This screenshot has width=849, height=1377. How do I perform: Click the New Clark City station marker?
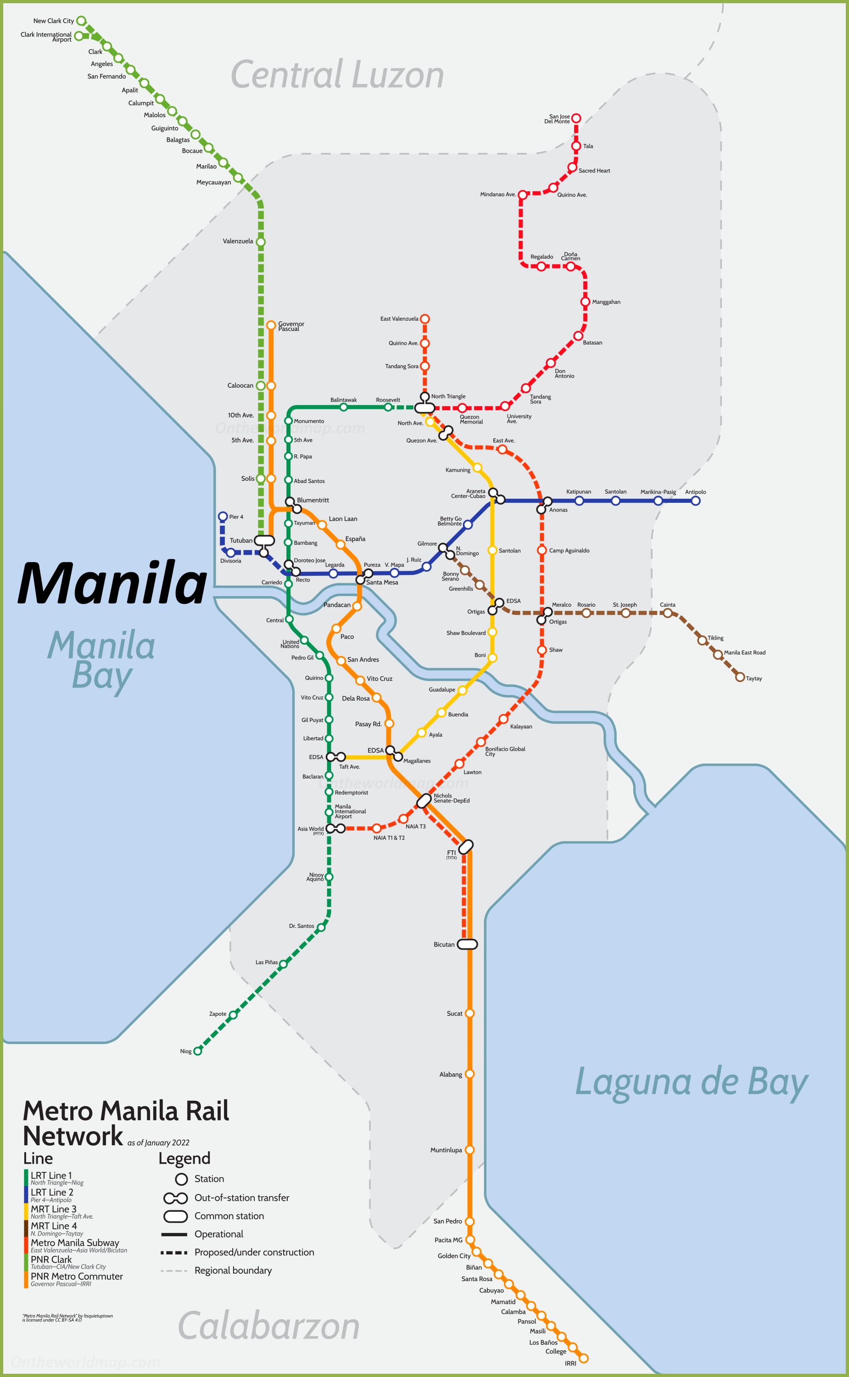click(81, 21)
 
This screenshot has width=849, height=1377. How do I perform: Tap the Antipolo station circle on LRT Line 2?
click(695, 501)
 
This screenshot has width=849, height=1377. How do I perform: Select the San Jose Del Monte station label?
click(557, 119)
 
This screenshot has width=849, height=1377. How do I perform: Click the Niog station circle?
click(198, 1051)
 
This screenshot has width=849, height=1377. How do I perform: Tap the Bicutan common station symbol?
click(467, 944)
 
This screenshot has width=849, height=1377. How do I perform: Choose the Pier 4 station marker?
click(223, 517)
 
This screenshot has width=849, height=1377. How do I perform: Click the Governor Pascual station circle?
click(271, 325)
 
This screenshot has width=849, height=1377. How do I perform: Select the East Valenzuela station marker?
click(425, 319)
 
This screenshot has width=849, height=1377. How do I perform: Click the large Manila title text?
click(112, 584)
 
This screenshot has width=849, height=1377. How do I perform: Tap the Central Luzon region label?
click(337, 75)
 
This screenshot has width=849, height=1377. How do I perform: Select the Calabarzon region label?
click(268, 1326)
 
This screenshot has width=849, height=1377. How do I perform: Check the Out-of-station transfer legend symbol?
click(175, 1198)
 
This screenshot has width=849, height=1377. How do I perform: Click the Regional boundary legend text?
click(233, 1271)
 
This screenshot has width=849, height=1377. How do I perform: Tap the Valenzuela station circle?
click(261, 242)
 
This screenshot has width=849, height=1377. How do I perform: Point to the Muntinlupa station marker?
click(469, 1150)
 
